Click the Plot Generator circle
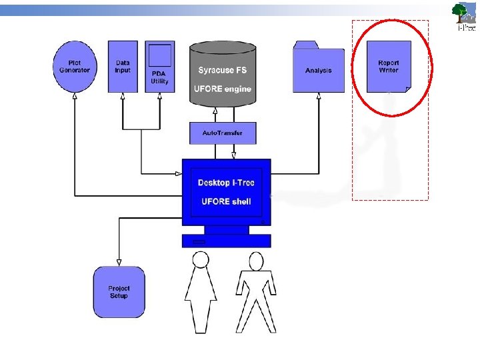(x=74, y=67)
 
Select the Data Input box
(x=122, y=67)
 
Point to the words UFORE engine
(x=223, y=89)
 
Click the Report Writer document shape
(x=389, y=66)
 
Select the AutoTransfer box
(x=223, y=133)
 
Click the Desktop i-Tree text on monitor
(x=226, y=183)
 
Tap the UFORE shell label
(x=226, y=201)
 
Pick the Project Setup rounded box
(x=119, y=292)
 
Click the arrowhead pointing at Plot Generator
(x=74, y=96)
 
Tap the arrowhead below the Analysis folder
(x=319, y=97)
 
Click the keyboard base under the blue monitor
(x=227, y=241)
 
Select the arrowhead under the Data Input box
(x=123, y=97)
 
